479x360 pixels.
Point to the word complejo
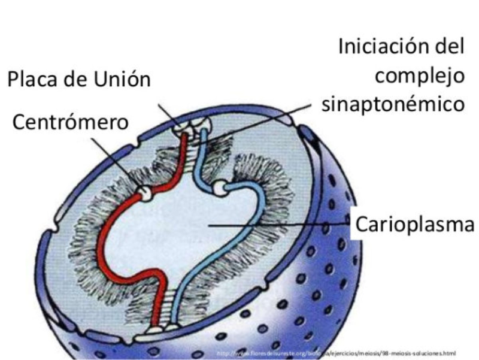point(423,76)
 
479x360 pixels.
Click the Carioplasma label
point(415,225)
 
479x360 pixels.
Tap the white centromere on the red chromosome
point(144,192)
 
